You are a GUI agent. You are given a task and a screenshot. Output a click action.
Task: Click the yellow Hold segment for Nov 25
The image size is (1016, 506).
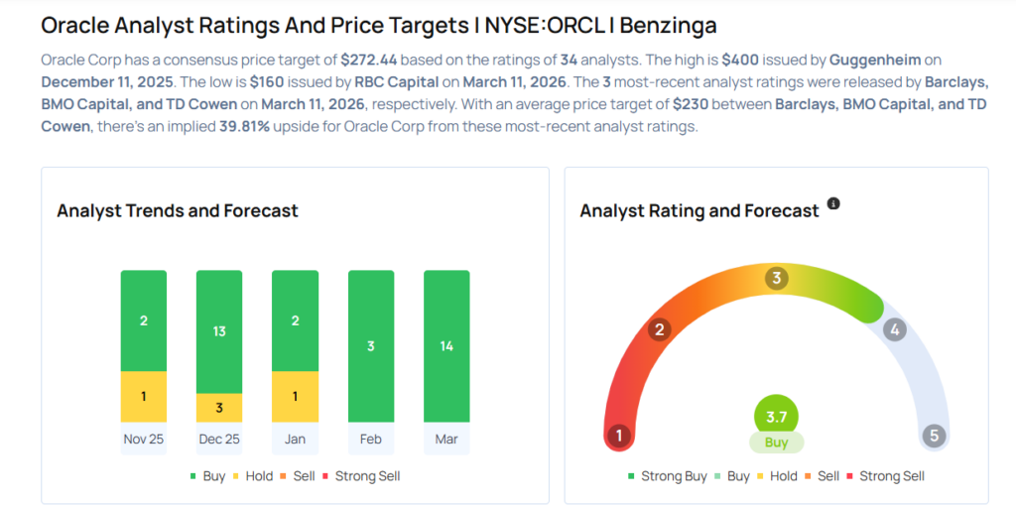coord(144,397)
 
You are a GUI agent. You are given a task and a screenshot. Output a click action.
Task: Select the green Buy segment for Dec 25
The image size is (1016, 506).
coord(219,331)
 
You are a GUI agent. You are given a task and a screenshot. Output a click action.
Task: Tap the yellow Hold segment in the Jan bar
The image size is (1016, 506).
coord(295,397)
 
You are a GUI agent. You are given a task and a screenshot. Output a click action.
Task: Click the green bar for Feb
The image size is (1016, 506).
coord(371,346)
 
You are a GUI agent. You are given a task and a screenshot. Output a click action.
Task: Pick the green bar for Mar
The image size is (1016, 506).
coord(446,346)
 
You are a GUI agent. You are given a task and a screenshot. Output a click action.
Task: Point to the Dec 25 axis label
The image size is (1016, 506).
coord(219,439)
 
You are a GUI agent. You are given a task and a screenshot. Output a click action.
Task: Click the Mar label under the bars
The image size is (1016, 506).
coord(446,439)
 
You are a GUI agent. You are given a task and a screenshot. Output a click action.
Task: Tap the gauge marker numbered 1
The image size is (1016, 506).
coord(619,436)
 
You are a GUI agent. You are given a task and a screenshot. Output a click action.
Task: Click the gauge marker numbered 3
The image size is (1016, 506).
coord(777,279)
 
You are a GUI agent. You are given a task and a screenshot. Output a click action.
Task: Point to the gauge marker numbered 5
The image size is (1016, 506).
coord(933,436)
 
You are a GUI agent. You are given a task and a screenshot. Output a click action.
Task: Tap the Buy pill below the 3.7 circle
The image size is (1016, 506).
coord(776,443)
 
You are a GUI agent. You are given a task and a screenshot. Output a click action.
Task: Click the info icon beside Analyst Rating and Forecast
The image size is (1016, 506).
coord(833,203)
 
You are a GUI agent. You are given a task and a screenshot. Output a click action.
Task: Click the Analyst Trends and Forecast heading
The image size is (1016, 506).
coord(178,210)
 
